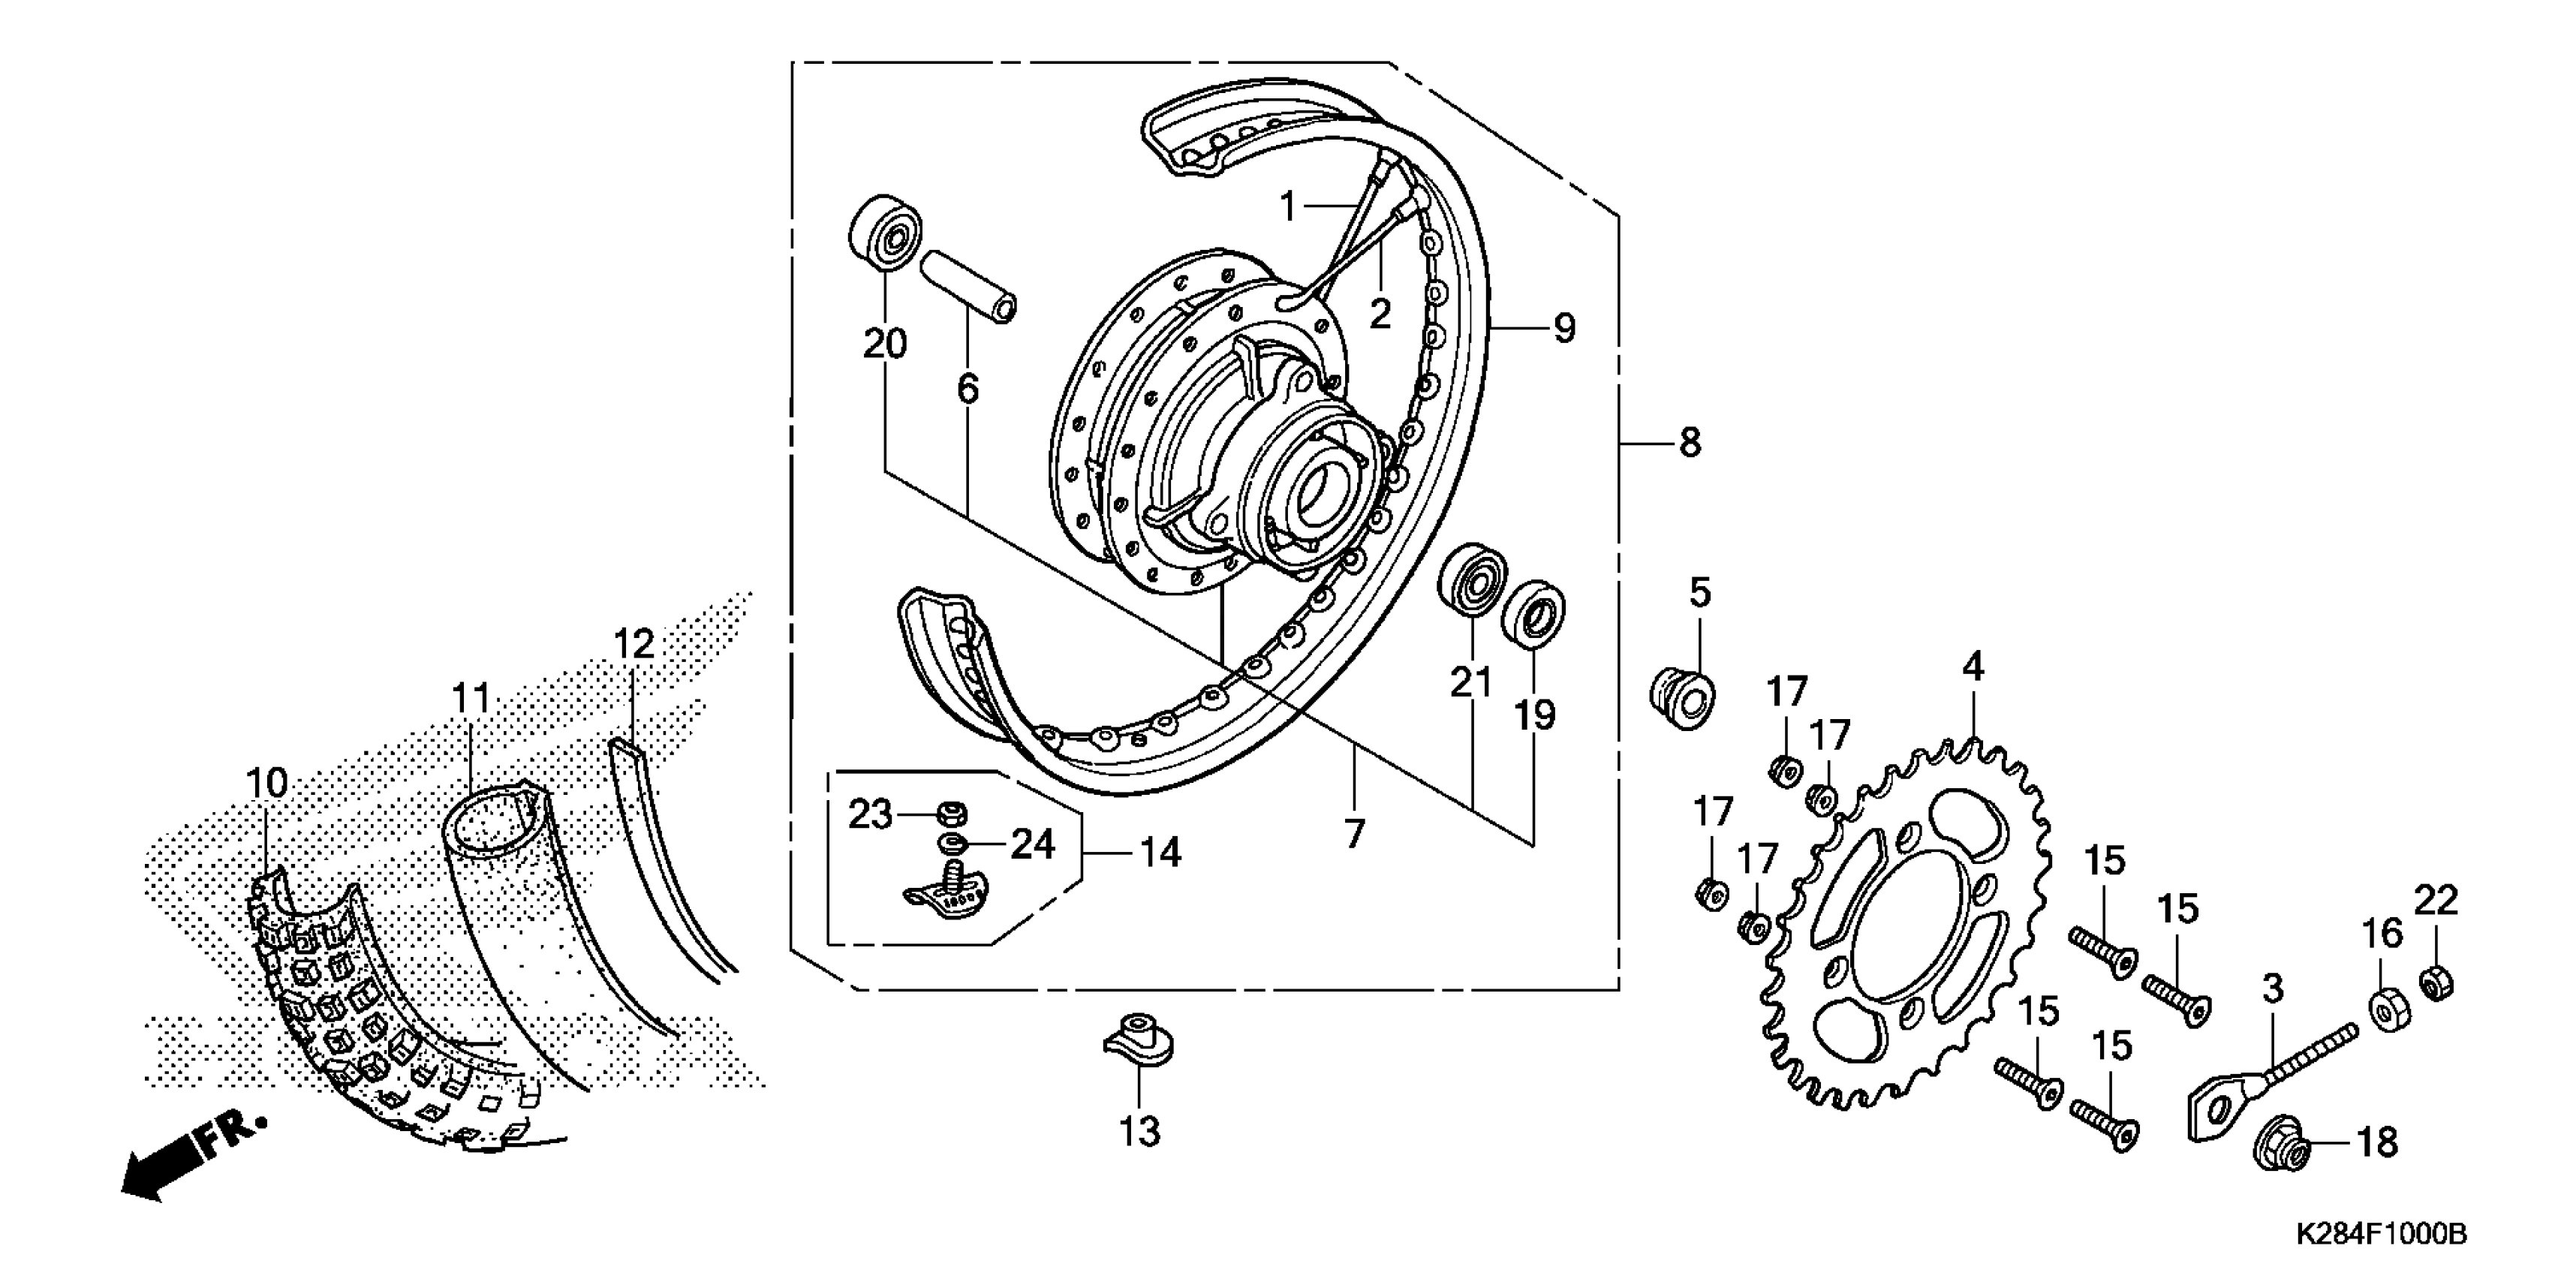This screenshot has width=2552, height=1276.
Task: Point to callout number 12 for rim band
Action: pyautogui.click(x=634, y=645)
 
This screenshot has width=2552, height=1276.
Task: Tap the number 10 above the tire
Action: pyautogui.click(x=266, y=783)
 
